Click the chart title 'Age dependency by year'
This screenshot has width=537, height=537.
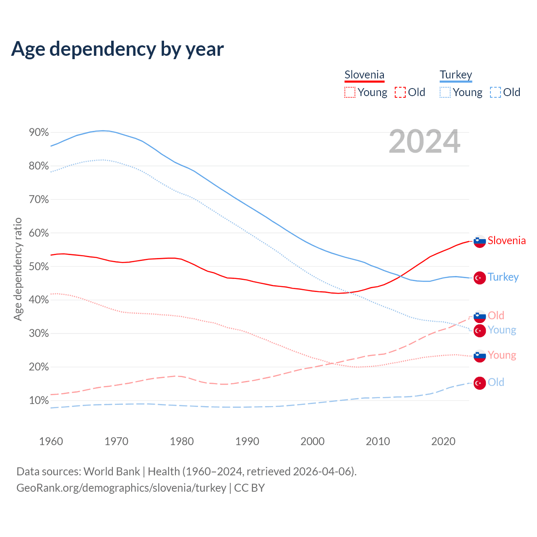(x=117, y=49)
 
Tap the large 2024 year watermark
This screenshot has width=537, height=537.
(x=425, y=142)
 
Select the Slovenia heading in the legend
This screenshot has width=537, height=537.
(x=364, y=75)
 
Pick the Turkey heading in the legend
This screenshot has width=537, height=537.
(x=456, y=75)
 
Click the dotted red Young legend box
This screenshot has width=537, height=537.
(x=349, y=92)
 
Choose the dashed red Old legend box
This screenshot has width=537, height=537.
(x=400, y=92)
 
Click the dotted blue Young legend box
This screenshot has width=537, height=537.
(x=445, y=92)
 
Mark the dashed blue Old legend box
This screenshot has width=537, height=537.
(x=495, y=92)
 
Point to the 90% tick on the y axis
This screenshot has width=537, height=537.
(x=39, y=133)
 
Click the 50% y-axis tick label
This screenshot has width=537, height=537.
(x=39, y=267)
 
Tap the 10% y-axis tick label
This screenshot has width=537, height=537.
(x=39, y=401)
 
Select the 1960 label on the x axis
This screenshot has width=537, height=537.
(x=51, y=441)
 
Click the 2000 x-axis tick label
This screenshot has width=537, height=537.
(x=313, y=441)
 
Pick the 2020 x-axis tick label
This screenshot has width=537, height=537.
(x=443, y=441)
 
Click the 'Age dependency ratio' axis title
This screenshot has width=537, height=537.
(x=18, y=269)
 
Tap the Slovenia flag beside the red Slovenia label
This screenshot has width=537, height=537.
(x=480, y=241)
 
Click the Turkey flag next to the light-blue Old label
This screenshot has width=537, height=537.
(x=480, y=383)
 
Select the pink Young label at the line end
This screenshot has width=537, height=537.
(x=502, y=355)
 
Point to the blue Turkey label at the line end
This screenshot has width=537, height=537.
(x=503, y=277)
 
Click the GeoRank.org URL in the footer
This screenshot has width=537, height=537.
(x=121, y=488)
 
